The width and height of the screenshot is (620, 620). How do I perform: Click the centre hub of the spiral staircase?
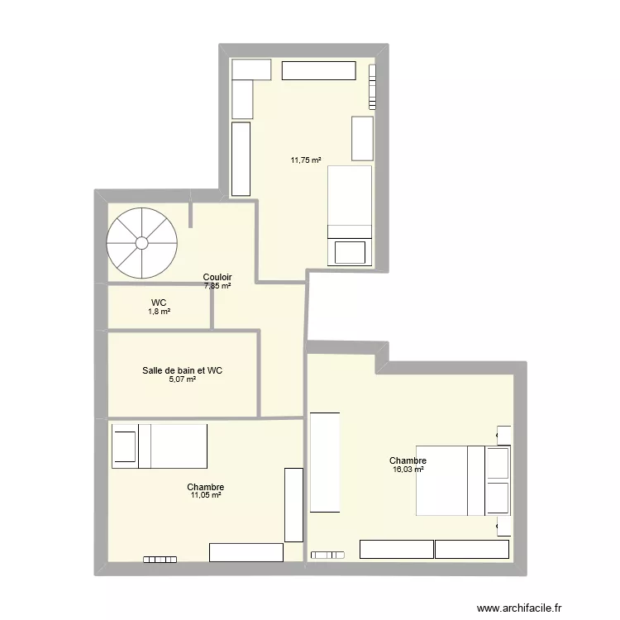[142, 243]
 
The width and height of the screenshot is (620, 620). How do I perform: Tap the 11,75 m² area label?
[306, 160]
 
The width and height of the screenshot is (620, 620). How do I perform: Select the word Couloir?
[217, 277]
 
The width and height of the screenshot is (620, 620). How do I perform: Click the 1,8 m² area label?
[159, 312]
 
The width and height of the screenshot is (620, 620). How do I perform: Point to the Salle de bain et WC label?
[183, 370]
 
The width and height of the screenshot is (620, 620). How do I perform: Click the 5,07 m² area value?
[183, 379]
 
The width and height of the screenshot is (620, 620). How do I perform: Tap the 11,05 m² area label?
[206, 495]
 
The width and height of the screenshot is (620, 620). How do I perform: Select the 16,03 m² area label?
[408, 470]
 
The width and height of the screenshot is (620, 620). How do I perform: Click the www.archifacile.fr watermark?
[519, 608]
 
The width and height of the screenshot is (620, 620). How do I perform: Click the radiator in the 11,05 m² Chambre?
[160, 560]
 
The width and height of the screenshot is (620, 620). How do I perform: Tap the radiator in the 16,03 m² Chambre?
[327, 556]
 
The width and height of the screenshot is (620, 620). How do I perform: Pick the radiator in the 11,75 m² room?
[372, 87]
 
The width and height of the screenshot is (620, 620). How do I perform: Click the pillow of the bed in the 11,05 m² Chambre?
[125, 446]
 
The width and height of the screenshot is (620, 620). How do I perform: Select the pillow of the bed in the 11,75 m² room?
[350, 252]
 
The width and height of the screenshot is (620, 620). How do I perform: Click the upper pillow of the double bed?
[498, 463]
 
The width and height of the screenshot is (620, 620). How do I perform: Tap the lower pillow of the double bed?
[498, 498]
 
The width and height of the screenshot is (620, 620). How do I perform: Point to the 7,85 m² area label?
[217, 285]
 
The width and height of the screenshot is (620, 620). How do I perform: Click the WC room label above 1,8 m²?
[159, 303]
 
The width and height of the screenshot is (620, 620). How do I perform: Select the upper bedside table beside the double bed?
[503, 436]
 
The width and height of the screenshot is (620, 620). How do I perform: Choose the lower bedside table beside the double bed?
[503, 526]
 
